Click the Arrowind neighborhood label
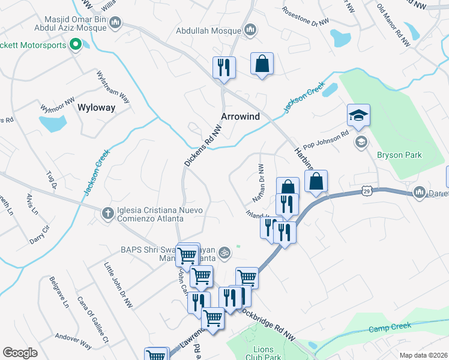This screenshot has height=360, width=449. point(240,116)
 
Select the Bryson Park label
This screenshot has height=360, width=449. point(399,155)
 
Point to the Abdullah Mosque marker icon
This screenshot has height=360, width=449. point(251,30)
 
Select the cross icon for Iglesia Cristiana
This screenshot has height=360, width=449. point(107,213)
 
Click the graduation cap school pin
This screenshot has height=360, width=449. point(358,115)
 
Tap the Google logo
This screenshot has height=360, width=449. point(20,353)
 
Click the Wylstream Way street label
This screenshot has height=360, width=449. point(113,87)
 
